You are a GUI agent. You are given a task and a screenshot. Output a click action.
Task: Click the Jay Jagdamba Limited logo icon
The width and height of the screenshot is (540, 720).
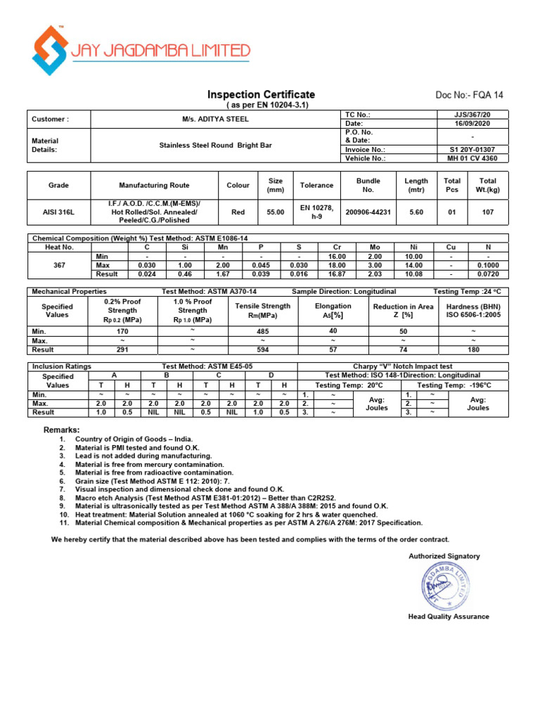point(50,50)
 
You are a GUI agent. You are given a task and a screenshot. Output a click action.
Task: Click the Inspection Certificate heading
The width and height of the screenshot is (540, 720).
point(261,94)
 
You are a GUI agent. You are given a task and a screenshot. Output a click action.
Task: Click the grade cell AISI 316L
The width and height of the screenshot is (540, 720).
point(58,212)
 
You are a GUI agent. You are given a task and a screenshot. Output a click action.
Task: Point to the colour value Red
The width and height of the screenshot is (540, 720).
point(238,212)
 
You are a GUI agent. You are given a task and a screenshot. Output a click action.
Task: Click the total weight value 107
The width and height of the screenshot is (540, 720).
point(487,212)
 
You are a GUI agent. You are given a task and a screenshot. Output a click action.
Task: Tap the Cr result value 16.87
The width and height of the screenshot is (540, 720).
point(334,274)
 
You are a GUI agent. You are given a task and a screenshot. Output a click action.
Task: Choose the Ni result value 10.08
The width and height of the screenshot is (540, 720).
point(412,274)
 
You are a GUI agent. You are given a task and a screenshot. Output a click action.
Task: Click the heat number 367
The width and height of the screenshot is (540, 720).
point(58,266)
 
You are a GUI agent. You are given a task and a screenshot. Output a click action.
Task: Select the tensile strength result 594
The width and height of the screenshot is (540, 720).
point(263,349)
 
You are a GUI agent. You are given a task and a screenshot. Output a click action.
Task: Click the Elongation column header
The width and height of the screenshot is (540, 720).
point(333,311)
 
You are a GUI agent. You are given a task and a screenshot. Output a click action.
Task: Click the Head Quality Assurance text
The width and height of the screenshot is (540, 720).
point(449,617)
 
